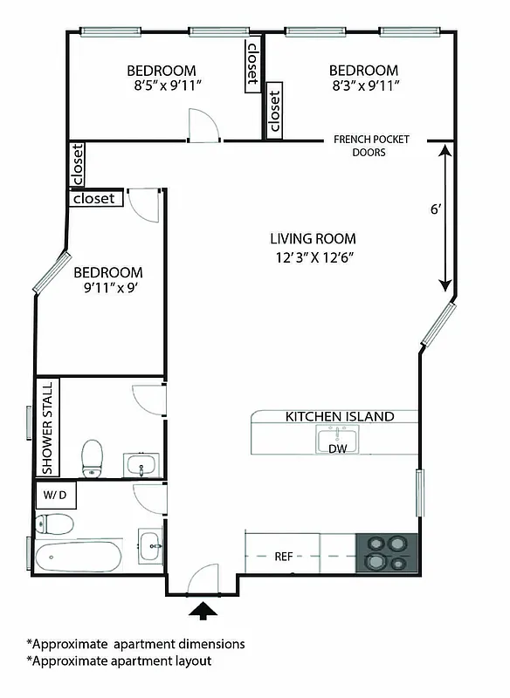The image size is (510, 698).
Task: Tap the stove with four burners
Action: pyautogui.click(x=388, y=552)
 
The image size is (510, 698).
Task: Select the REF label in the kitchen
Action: pyautogui.click(x=283, y=556)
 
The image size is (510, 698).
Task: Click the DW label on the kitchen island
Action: pyautogui.click(x=337, y=448)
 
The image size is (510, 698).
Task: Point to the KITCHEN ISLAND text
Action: pyautogui.click(x=340, y=417)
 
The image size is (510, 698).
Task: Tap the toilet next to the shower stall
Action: pyautogui.click(x=92, y=458)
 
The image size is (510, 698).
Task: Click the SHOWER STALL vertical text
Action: pyautogui.click(x=47, y=427)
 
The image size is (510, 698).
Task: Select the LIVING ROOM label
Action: pyautogui.click(x=313, y=239)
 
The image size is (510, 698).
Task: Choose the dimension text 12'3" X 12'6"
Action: pyautogui.click(x=313, y=257)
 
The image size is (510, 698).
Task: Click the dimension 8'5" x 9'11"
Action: pyautogui.click(x=162, y=86)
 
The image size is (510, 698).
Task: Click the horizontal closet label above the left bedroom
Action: pyautogui.click(x=94, y=199)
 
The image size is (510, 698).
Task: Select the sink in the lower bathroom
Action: pyautogui.click(x=150, y=545)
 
